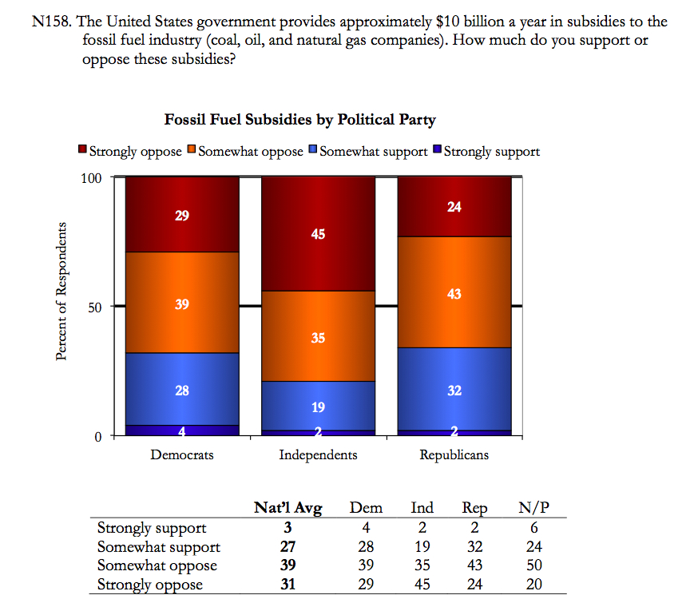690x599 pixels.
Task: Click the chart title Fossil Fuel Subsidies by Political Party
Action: pos(299,120)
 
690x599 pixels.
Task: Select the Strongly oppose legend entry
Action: pos(130,151)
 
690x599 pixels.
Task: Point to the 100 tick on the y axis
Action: pos(92,177)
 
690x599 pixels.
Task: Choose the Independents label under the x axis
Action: pos(318,455)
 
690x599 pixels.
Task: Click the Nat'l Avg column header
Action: pos(287,508)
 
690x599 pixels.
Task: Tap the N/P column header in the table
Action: pos(534,508)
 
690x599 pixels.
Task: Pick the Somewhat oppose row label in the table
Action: pos(157,565)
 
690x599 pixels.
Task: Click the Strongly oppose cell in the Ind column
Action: pos(422,585)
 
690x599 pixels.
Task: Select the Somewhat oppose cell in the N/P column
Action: pos(534,565)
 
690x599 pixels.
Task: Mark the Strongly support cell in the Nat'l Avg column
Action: pos(287,527)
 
